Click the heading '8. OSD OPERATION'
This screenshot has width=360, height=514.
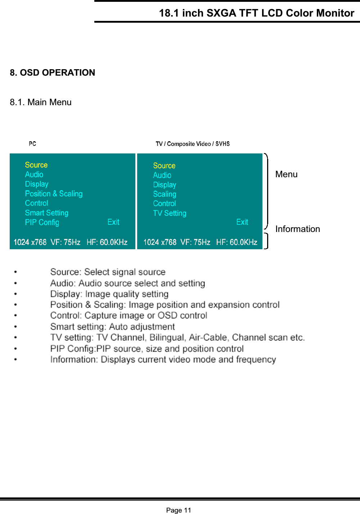tap(53, 73)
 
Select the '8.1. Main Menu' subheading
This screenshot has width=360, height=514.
tap(41, 102)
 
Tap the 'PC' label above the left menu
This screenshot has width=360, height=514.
tap(32, 144)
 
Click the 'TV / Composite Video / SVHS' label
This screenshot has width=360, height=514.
tap(193, 144)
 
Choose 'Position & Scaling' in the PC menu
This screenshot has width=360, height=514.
tap(54, 194)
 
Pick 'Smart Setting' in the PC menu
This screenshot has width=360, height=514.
tap(46, 213)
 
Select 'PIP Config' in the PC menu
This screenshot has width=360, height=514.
tap(42, 222)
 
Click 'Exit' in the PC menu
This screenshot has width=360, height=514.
tap(113, 222)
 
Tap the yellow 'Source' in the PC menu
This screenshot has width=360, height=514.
tap(36, 165)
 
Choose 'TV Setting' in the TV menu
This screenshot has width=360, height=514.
tap(170, 213)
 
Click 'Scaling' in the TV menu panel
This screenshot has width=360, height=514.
tap(165, 194)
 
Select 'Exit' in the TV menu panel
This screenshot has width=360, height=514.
tap(242, 222)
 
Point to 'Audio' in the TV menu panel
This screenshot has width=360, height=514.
tap(162, 175)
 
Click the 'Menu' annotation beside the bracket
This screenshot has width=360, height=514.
tap(286, 174)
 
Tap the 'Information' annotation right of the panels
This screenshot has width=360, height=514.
tap(297, 229)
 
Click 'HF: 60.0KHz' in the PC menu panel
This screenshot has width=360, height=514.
tap(107, 242)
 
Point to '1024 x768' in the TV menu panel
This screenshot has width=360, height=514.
tap(160, 242)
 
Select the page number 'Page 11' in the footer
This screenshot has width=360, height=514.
tap(179, 510)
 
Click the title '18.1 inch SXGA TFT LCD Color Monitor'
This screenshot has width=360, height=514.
tap(256, 13)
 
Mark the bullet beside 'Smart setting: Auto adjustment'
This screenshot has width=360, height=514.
tap(15, 327)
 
